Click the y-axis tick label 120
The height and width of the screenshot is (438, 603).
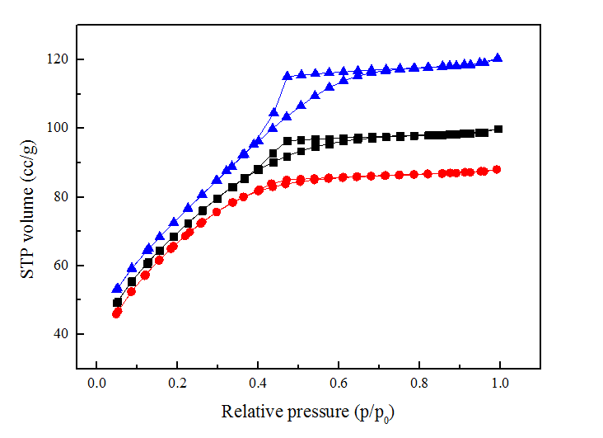pos(58,60)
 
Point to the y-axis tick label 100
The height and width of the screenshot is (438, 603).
pos(58,129)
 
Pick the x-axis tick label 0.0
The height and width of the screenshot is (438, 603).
pos(96,384)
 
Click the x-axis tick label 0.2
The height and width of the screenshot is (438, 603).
pos(177,384)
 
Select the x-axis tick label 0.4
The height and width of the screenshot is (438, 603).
pos(258,384)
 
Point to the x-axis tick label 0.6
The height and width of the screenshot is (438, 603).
pos(339,384)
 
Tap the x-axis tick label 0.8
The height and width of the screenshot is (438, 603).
pos(419,384)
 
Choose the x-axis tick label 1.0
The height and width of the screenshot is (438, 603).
pos(500,384)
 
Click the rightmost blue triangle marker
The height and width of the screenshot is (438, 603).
pos(498,58)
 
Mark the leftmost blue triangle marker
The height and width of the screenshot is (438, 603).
pos(117,289)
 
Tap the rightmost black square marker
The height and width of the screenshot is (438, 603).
pos(498,130)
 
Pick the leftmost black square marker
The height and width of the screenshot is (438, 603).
pos(117,303)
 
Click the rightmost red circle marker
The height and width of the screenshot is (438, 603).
pos(497,169)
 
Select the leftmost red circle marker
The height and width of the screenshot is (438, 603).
pos(117,313)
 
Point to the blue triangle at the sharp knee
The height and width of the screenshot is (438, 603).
pos(287,76)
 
